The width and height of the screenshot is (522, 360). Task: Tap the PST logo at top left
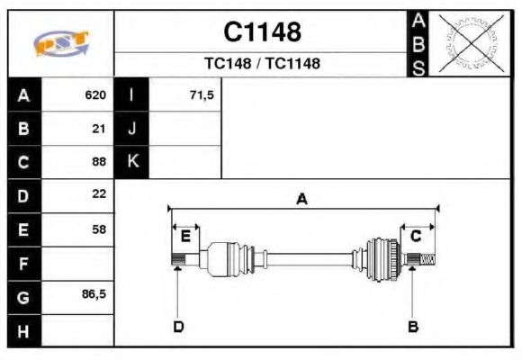click(x=60, y=43)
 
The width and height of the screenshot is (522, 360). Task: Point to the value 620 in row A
click(x=95, y=95)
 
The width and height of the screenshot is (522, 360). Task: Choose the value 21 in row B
click(x=99, y=129)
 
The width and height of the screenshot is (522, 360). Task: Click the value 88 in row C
click(x=99, y=162)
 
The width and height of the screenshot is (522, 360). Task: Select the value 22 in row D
click(x=99, y=194)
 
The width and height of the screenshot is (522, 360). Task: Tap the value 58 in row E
click(x=99, y=229)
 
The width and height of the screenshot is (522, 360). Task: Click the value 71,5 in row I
click(x=202, y=95)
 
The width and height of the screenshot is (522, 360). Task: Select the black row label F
click(x=23, y=263)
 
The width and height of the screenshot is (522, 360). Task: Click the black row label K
click(x=131, y=162)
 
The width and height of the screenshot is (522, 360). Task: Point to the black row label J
click(x=131, y=129)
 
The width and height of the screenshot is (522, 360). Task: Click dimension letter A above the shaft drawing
click(x=301, y=199)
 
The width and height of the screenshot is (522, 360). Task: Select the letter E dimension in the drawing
click(x=185, y=236)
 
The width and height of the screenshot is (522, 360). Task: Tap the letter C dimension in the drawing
click(x=416, y=236)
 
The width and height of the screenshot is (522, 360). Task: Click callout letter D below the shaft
click(x=178, y=326)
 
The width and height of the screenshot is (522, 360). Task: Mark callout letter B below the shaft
click(x=413, y=326)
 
